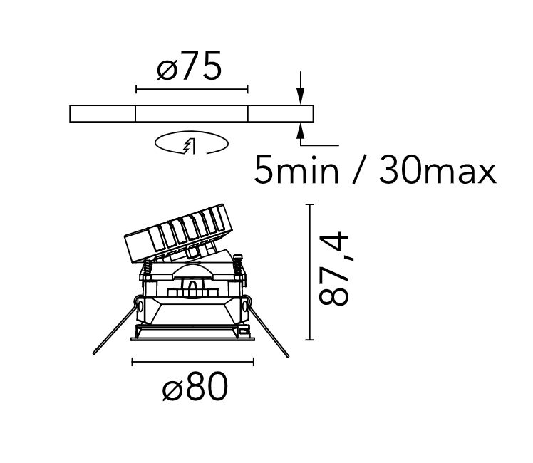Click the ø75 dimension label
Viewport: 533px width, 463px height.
tap(190, 66)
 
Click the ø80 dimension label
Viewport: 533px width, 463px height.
tap(195, 386)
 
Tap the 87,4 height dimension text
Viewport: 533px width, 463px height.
tap(333, 269)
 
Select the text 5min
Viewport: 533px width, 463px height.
tap(296, 170)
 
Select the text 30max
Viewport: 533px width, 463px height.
tap(438, 170)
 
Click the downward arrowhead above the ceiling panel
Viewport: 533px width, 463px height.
tap(300, 95)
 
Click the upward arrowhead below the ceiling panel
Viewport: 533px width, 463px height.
tap(300, 132)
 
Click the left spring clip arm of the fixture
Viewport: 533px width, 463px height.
tap(115, 327)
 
